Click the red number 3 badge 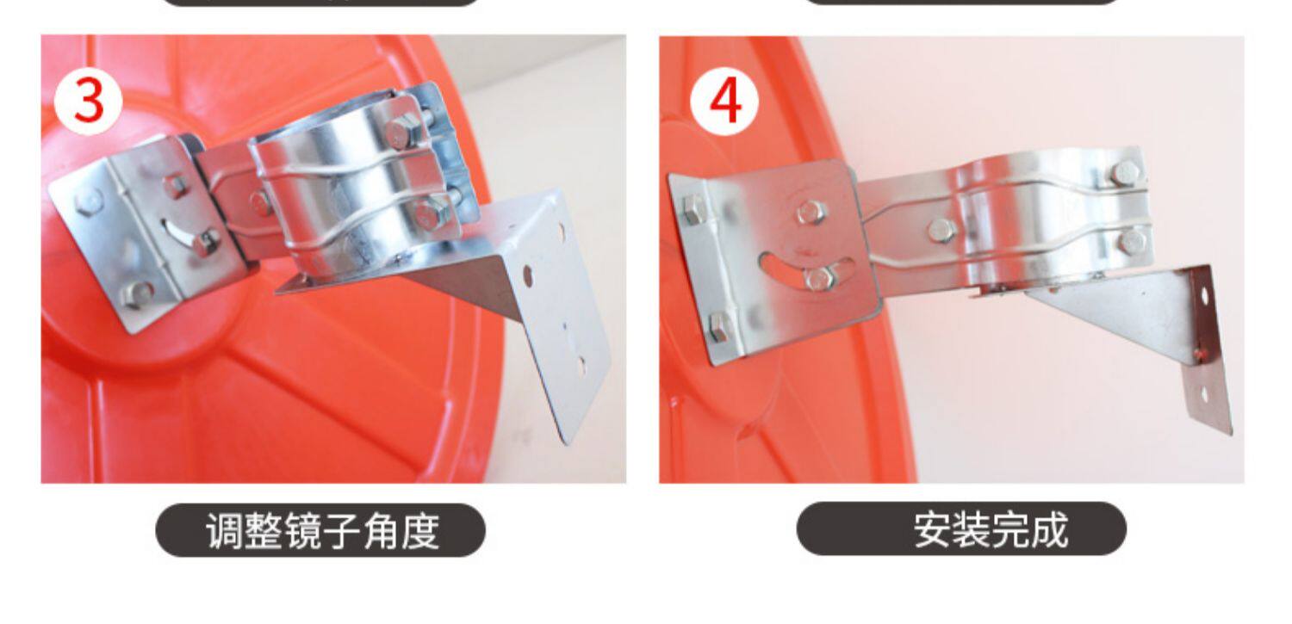(88, 102)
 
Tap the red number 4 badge (725, 102)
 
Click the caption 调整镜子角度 (322, 531)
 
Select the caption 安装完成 (991, 529)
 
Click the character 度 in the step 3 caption (420, 531)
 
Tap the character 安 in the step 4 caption (933, 529)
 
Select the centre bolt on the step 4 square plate (811, 213)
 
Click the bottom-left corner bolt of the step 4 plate (719, 327)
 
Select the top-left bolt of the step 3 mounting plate (90, 201)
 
